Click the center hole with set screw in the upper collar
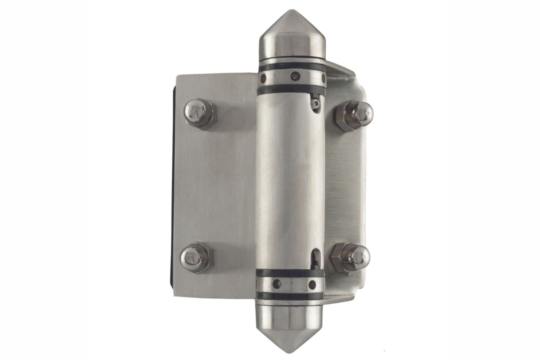point(294,75)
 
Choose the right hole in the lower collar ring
point(313,283)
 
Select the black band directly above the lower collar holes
point(290,273)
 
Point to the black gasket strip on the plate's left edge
point(174,180)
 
